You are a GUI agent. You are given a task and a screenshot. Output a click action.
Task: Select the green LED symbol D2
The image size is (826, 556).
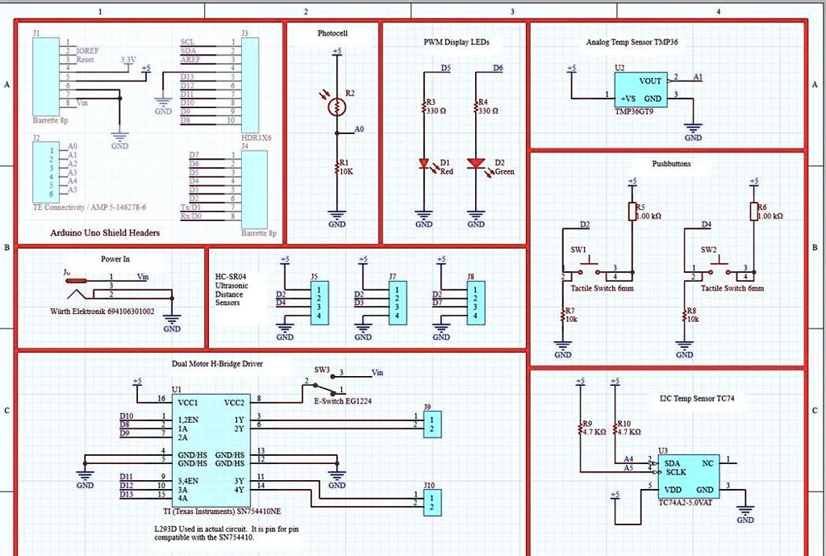(x=477, y=163)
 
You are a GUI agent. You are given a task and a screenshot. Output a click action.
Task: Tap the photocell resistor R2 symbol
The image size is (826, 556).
(x=336, y=106)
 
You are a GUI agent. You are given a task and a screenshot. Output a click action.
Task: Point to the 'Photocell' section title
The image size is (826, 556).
(x=332, y=34)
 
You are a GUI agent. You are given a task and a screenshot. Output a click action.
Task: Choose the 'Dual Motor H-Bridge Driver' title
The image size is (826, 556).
(x=217, y=364)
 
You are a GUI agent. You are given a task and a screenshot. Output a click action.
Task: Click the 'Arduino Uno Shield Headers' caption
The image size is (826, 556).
(x=105, y=232)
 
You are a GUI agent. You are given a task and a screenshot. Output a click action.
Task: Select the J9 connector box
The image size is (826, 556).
(x=432, y=423)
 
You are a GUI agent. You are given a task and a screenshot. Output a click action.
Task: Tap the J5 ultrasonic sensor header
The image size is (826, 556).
(x=319, y=303)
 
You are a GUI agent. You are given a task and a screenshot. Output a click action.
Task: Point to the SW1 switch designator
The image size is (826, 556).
(x=578, y=249)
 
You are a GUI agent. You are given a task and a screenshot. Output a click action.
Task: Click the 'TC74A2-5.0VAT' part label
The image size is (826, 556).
(x=686, y=503)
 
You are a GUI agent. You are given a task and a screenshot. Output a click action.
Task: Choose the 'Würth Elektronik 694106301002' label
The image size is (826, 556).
(x=102, y=311)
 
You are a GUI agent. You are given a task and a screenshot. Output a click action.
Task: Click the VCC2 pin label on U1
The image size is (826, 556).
(x=234, y=402)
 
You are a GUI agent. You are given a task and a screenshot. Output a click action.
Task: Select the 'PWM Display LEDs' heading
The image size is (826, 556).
(x=456, y=42)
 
